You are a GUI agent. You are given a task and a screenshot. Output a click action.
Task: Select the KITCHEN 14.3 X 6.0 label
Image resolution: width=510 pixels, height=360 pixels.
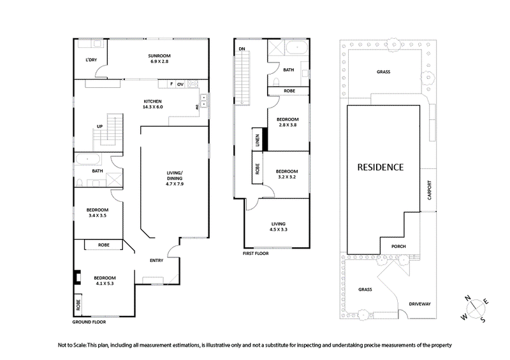click(153, 104)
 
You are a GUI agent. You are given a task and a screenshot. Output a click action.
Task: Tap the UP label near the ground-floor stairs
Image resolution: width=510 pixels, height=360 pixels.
click(99, 126)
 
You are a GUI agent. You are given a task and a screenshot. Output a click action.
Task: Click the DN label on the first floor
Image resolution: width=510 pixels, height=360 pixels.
click(242, 49)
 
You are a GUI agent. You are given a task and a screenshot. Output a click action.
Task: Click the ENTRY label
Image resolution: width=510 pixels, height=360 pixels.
click(156, 260)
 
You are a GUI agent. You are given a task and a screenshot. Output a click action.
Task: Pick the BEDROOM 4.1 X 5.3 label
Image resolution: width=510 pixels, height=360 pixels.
click(104, 282)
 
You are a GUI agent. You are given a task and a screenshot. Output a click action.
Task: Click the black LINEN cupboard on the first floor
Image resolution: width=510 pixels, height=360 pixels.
click(257, 140)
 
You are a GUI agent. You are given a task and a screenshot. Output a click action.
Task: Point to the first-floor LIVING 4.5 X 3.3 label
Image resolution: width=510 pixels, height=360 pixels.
click(279, 227)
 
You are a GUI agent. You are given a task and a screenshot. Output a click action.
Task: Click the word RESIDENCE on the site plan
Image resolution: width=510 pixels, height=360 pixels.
click(380, 168)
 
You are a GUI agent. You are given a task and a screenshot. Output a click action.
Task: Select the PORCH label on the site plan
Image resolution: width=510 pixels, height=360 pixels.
click(398, 247)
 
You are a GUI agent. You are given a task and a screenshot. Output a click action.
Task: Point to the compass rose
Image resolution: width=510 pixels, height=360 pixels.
click(475, 308)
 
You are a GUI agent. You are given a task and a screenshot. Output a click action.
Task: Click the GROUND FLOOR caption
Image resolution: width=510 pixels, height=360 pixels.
click(88, 324)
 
